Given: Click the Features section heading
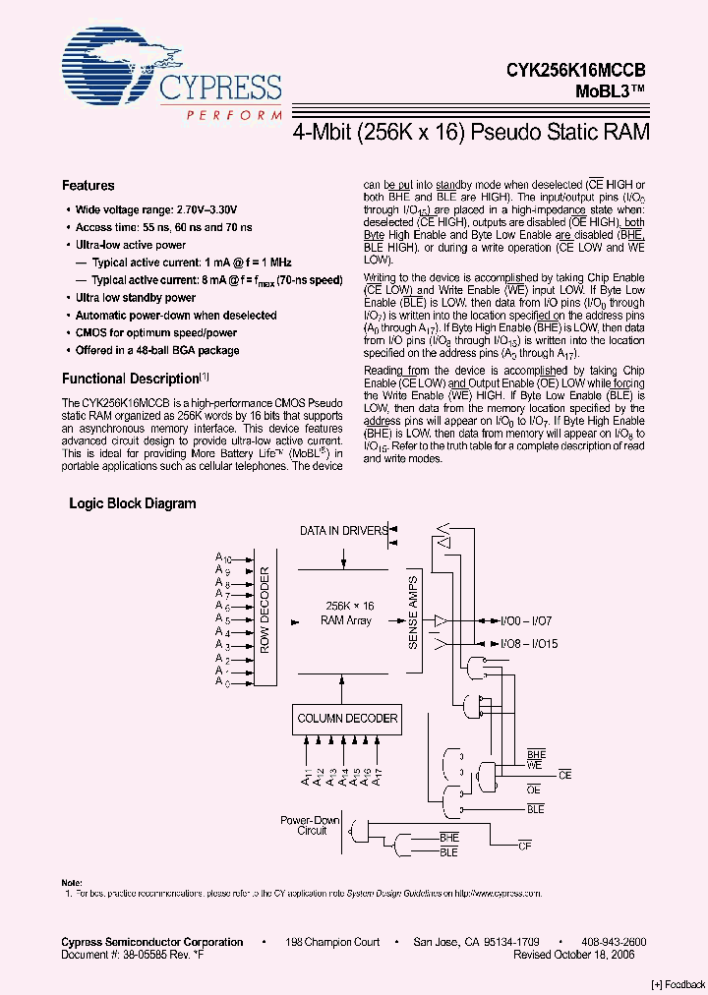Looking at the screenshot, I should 88,186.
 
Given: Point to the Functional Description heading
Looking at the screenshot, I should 131,379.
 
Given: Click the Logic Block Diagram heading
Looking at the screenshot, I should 132,503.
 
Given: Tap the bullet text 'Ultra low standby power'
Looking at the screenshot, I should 136,298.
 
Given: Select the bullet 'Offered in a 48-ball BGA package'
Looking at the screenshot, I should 157,351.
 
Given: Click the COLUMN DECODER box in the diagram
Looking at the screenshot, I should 347,719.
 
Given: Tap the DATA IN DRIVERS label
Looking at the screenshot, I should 344,531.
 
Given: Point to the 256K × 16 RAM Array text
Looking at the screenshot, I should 346,614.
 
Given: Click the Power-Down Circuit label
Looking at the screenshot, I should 312,825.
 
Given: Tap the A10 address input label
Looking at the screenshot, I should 222,558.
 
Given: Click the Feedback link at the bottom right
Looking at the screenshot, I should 678,984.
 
